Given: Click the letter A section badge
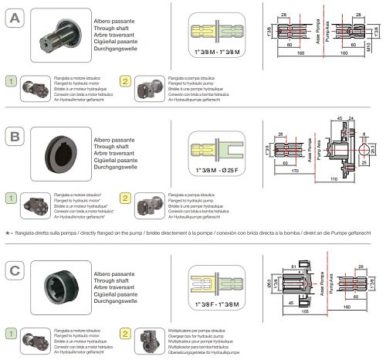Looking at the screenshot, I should (x=15, y=17).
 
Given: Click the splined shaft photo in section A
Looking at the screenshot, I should (x=67, y=33).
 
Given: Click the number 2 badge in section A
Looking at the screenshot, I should (x=126, y=81).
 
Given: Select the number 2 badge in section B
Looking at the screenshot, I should (x=126, y=199).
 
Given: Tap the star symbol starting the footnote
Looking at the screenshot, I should (x=5, y=232).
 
